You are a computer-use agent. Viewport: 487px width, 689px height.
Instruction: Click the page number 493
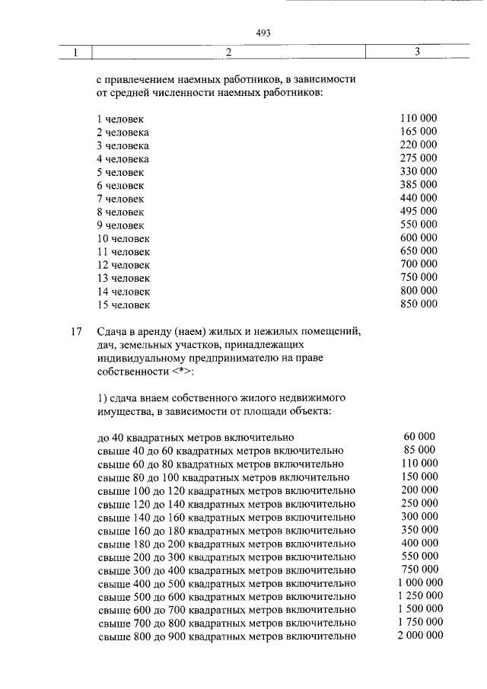[x=264, y=33]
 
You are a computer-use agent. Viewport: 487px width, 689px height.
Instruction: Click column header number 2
[x=228, y=53]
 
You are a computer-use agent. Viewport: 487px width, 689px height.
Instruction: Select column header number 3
[x=418, y=53]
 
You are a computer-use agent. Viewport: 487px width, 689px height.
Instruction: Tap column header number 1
[x=76, y=53]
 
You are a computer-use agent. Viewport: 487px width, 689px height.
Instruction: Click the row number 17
[x=75, y=332]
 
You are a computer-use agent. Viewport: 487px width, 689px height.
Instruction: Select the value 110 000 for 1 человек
[x=418, y=119]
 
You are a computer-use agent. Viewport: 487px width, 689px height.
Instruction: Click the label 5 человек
[x=120, y=172]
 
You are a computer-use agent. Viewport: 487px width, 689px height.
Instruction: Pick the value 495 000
[x=418, y=211]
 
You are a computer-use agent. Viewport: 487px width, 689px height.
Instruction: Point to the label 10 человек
[x=123, y=238]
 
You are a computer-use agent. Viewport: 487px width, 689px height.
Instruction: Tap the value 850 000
[x=418, y=304]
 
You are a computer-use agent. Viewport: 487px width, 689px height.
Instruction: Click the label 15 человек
[x=123, y=305]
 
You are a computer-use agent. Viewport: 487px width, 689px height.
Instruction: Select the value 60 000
[x=419, y=436]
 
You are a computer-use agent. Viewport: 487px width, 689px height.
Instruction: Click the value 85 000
[x=419, y=450]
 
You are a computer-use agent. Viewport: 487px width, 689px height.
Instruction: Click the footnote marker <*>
[x=182, y=372]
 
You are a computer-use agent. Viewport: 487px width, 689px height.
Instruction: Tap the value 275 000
[x=418, y=158]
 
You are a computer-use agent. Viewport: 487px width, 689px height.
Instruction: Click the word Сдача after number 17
[x=113, y=332]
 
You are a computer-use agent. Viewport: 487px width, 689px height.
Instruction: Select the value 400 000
[x=419, y=543]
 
